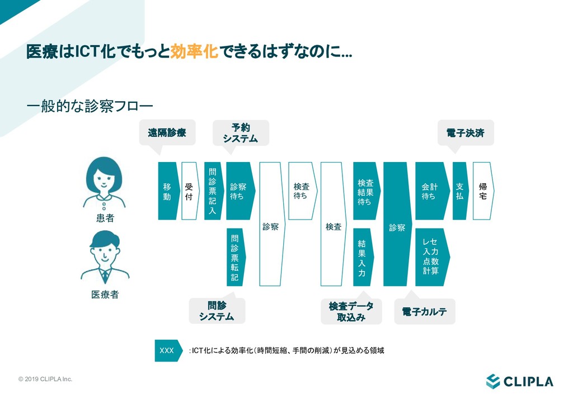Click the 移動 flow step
pyautogui.click(x=167, y=191)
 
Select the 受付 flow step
pyautogui.click(x=189, y=191)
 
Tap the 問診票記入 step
pyautogui.click(x=212, y=191)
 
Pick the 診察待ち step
pyautogui.click(x=239, y=191)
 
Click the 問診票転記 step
pyautogui.click(x=234, y=257)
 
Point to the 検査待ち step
pyautogui.click(x=302, y=191)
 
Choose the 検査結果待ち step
pyautogui.click(x=365, y=191)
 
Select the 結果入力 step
pyautogui.click(x=362, y=257)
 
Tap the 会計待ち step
pyautogui.click(x=430, y=191)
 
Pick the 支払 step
pyautogui.click(x=459, y=191)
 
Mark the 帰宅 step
pyautogui.click(x=482, y=191)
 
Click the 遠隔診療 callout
pyautogui.click(x=167, y=133)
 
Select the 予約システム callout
pyautogui.click(x=241, y=133)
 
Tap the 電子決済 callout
pyautogui.click(x=466, y=133)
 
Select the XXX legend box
pyautogui.click(x=167, y=351)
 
